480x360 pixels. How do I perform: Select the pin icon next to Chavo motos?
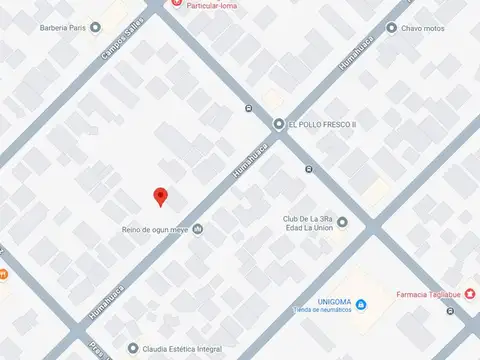pos(391,28)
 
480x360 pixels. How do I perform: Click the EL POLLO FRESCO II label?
pos(322,124)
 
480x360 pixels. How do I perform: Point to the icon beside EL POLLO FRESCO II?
pos(279,123)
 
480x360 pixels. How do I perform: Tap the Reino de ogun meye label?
pos(153,229)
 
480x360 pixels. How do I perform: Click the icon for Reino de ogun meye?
pos(197,229)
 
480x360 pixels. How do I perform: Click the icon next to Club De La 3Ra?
pos(342,222)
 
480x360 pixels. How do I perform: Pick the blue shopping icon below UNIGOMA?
pos(361,304)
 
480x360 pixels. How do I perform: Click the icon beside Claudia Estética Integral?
pos(133,348)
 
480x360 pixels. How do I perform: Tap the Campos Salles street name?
pos(122,41)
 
